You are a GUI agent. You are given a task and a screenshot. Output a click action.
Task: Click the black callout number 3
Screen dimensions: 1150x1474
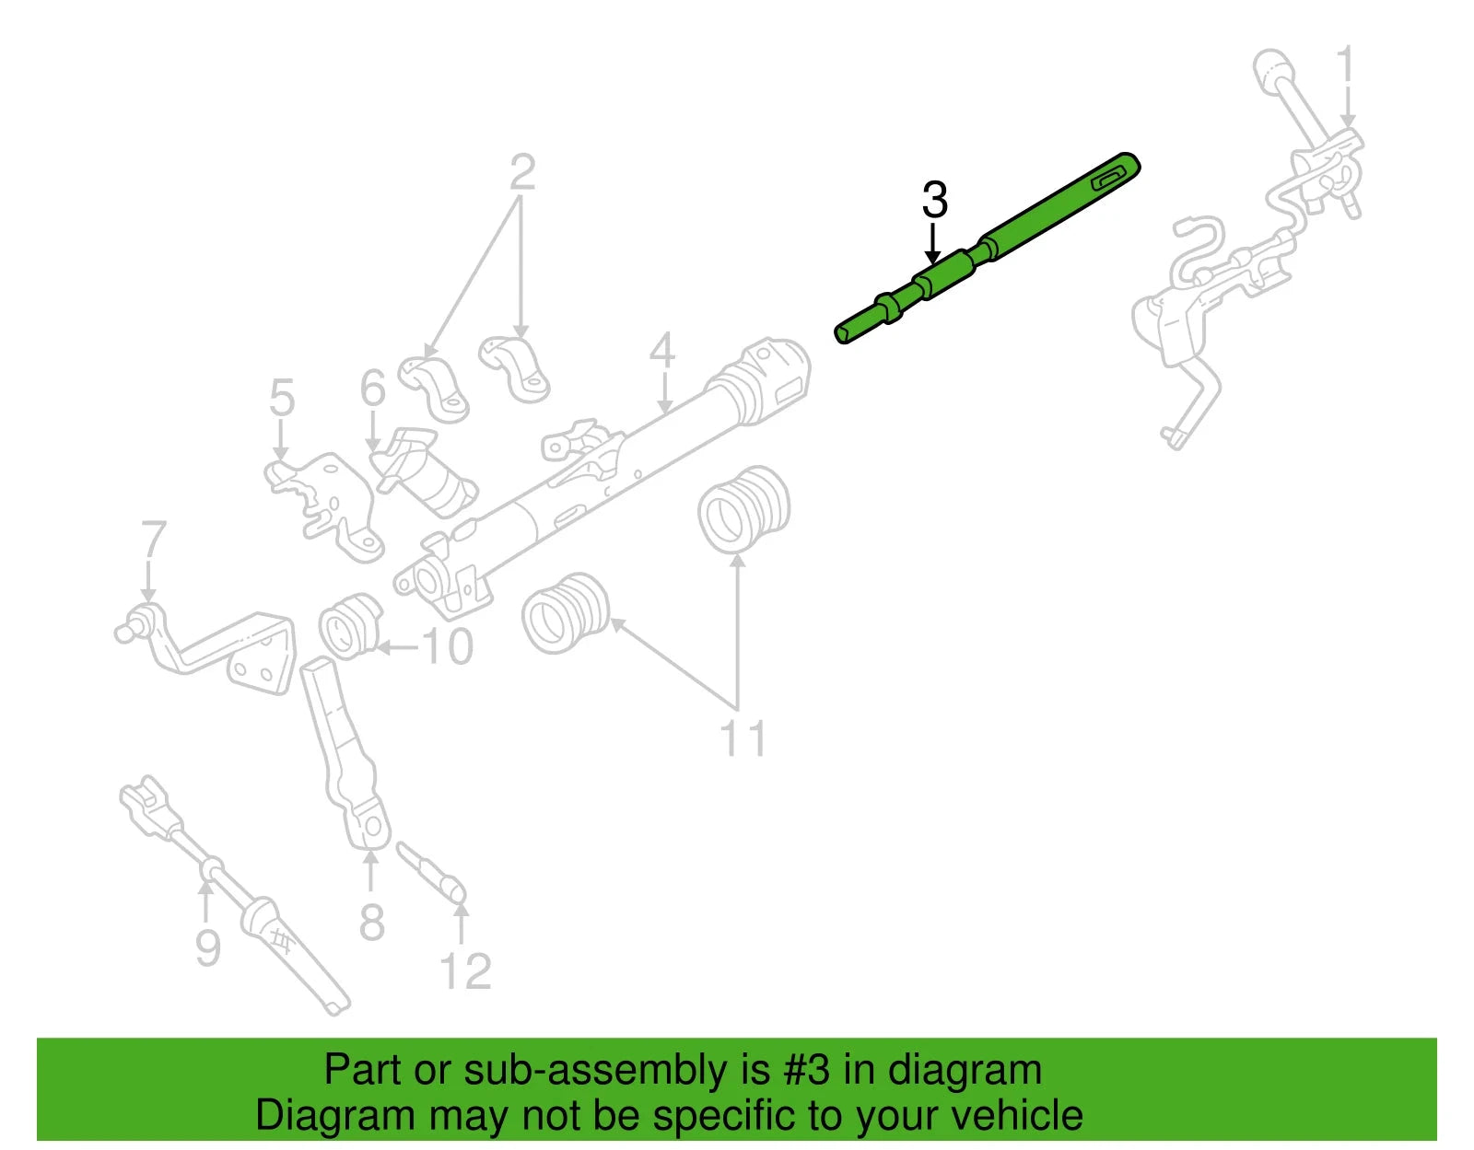point(934,200)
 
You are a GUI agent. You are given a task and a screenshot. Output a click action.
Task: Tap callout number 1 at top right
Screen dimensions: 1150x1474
point(1346,66)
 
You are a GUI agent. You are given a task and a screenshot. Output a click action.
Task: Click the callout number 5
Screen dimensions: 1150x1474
point(282,398)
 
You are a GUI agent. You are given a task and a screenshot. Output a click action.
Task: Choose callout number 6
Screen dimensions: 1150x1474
point(372,388)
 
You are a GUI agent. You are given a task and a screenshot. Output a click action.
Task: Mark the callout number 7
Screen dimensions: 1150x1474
point(153,540)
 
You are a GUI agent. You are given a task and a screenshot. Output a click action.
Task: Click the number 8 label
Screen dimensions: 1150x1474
point(371,922)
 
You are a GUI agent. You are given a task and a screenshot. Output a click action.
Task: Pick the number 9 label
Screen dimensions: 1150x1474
point(208,947)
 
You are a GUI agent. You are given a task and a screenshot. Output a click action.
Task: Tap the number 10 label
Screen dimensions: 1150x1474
point(448,647)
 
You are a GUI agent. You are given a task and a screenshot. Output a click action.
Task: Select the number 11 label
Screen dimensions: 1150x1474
point(743,738)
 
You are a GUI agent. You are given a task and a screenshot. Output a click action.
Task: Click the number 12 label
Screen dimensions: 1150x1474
point(465,971)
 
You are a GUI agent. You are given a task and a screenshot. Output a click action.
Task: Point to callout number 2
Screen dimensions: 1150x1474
point(522,172)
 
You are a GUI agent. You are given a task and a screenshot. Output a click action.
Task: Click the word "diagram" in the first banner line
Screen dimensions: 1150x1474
point(965,1071)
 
